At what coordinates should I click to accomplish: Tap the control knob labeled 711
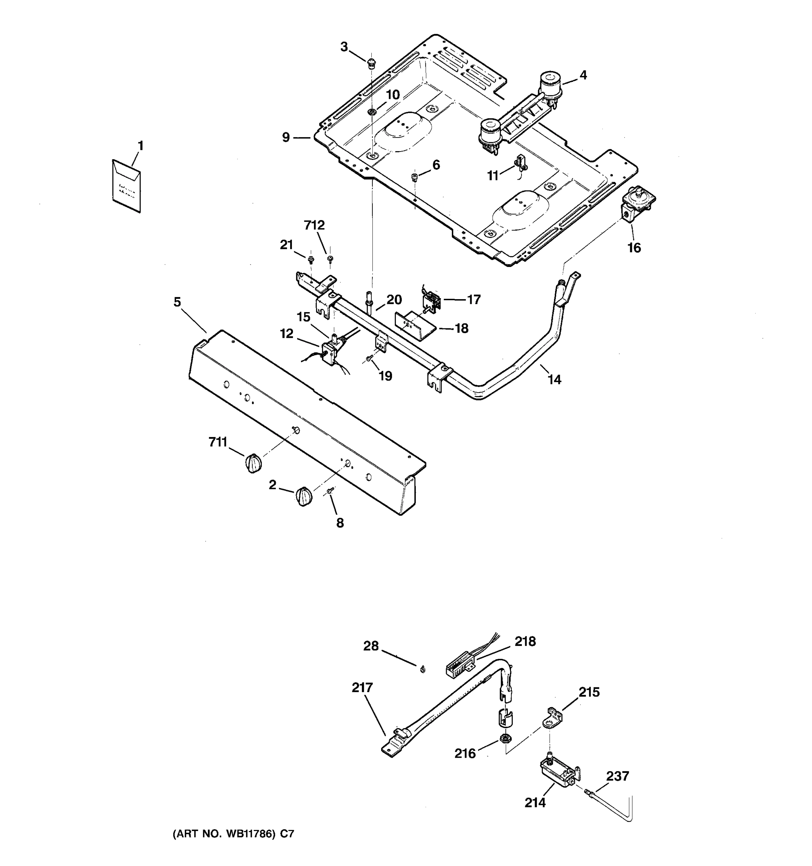[x=253, y=463]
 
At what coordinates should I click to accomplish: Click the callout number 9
[x=286, y=137]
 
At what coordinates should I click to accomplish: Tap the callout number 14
[x=554, y=380]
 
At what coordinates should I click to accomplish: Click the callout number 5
[x=177, y=302]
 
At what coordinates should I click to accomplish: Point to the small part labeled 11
[x=521, y=163]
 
